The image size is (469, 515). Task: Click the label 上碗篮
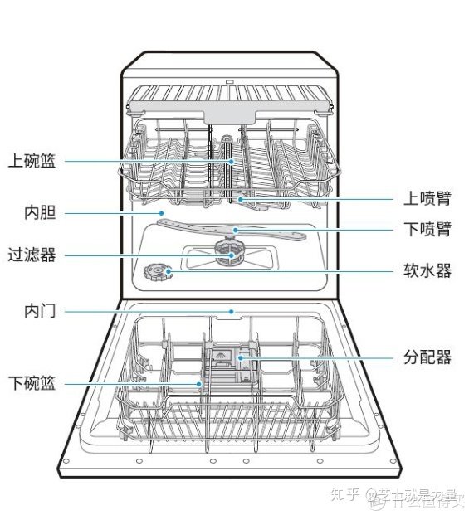click(32, 161)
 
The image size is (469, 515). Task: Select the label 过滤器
click(32, 255)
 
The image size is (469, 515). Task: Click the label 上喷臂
click(427, 198)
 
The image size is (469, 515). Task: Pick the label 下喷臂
click(427, 230)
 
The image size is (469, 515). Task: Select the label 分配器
click(427, 357)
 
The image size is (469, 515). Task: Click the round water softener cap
click(155, 271)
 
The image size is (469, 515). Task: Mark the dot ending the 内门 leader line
click(232, 313)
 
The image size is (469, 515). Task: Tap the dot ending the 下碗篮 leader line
click(199, 384)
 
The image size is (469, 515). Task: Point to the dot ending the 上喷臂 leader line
click(240, 199)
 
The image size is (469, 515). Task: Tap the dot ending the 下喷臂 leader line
click(236, 230)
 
